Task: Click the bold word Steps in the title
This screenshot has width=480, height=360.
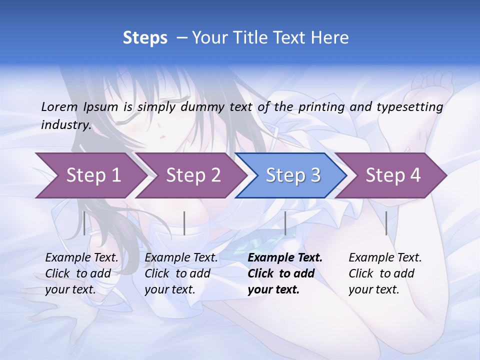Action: [x=145, y=38]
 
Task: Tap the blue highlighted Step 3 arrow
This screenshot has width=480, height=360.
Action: [x=293, y=175]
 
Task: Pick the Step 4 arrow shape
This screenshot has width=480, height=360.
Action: [x=393, y=175]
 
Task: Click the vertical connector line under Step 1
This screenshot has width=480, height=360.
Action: [x=84, y=223]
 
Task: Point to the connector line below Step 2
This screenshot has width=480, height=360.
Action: [x=184, y=223]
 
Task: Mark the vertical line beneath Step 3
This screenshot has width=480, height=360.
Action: [x=285, y=223]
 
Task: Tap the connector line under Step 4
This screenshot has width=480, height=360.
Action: [x=386, y=223]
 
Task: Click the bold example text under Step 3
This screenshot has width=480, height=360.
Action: [x=284, y=273]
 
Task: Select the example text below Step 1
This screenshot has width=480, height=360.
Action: [x=81, y=273]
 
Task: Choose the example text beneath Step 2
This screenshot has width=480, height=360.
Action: [x=181, y=273]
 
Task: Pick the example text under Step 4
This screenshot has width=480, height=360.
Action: [x=385, y=273]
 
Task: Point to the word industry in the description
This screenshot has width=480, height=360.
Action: [x=65, y=125]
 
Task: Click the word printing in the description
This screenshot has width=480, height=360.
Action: [x=322, y=107]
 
